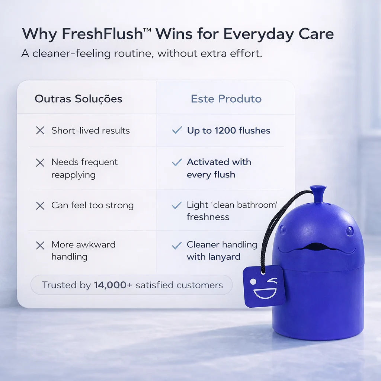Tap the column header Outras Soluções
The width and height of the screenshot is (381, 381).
[79, 99]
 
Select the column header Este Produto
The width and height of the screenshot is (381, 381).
[226, 99]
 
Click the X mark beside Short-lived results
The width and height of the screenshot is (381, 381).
[40, 131]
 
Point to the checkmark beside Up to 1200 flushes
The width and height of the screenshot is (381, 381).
[177, 130]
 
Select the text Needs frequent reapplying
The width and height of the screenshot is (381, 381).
[84, 168]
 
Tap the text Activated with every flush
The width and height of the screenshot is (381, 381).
[219, 168]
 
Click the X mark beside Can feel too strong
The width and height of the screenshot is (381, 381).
[40, 205]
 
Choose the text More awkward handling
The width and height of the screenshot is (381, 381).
[83, 250]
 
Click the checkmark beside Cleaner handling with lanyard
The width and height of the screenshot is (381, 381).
[177, 246]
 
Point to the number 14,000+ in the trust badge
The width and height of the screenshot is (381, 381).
[113, 285]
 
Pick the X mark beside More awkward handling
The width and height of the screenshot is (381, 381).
[40, 246]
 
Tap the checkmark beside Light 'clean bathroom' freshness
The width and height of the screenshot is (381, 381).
[177, 205]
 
